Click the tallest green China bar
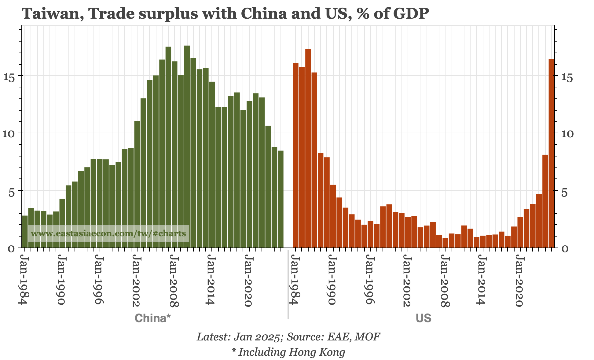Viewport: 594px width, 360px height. [x=187, y=147]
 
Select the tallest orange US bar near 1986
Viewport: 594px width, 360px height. [x=308, y=148]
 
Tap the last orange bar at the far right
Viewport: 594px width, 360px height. [x=552, y=153]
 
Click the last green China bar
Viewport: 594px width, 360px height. [x=280, y=199]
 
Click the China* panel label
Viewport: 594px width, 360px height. [x=152, y=318]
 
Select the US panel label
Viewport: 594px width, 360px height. [x=423, y=318]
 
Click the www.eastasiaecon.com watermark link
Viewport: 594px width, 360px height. [x=108, y=234]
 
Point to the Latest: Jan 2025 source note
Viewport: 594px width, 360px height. [x=288, y=337]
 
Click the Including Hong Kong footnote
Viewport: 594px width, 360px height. [x=288, y=352]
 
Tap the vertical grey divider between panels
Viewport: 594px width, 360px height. [x=288, y=284]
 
